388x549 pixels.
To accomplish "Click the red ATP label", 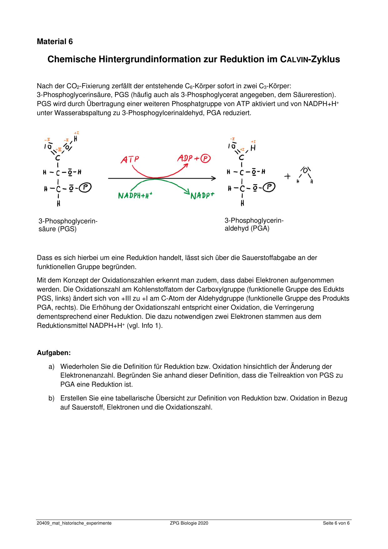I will tap(130, 160).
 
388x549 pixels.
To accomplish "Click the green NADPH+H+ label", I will tap(135, 196).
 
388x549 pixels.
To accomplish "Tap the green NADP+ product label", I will tap(202, 196).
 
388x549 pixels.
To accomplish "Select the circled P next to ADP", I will tap(205, 159).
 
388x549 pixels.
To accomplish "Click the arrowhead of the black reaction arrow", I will tap(214, 178).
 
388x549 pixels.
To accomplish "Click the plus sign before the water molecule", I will tap(287, 176).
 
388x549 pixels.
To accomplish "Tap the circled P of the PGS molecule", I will tap(85, 188).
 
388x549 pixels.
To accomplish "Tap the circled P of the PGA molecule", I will tap(269, 187).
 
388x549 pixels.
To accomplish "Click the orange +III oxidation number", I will tap(59, 150).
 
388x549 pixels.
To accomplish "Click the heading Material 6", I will tap(55, 42).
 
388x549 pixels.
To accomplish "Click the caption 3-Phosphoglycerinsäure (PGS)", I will tap(68, 225).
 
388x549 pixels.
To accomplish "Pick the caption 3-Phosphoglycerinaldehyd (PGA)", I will tap(254, 224).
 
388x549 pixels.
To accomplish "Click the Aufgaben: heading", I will tap(54, 353).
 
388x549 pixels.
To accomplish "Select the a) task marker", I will tap(52, 367).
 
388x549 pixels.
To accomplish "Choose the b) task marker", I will tap(52, 398).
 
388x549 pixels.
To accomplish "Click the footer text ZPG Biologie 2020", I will tap(189, 523).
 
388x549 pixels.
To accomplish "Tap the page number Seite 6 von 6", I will tap(336, 523).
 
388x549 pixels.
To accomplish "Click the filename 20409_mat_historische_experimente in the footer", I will tap(74, 523).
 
